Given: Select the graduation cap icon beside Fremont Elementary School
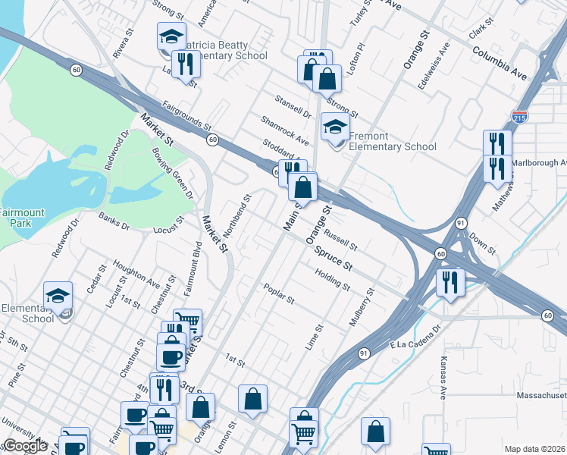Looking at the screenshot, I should point(335,127).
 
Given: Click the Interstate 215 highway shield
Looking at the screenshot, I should point(519,118).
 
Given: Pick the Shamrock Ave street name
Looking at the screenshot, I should point(285,130).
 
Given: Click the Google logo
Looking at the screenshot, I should point(24,446).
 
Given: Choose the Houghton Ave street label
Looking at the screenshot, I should point(136,274).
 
